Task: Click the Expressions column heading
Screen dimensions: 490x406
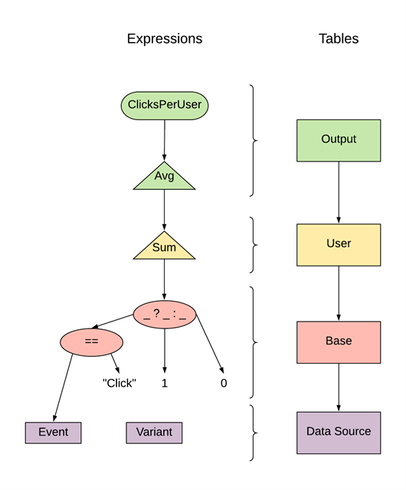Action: coord(165,39)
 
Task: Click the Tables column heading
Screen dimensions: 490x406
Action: coord(339,39)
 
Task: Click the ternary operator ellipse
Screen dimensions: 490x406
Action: coord(164,312)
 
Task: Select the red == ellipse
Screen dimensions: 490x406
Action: coord(91,341)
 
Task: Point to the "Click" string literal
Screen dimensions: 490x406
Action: coord(119,382)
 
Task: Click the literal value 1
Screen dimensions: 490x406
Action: coord(164,382)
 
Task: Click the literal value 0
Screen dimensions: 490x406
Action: coord(224,382)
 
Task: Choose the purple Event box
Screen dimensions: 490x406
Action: coord(53,432)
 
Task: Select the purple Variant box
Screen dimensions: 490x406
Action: coord(154,432)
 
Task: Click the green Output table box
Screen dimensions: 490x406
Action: coord(339,140)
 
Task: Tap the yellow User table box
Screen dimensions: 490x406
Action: coord(339,244)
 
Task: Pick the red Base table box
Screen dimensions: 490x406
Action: coord(339,341)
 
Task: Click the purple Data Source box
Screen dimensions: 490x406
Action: coord(339,432)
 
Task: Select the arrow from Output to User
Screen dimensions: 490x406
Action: coord(339,192)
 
